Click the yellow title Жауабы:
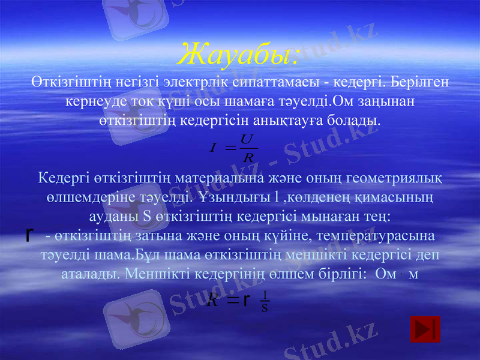[239, 55]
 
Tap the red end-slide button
[425, 329]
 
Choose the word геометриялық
[397, 178]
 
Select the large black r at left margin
[29, 233]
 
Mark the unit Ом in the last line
[383, 273]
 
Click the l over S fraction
[265, 303]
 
